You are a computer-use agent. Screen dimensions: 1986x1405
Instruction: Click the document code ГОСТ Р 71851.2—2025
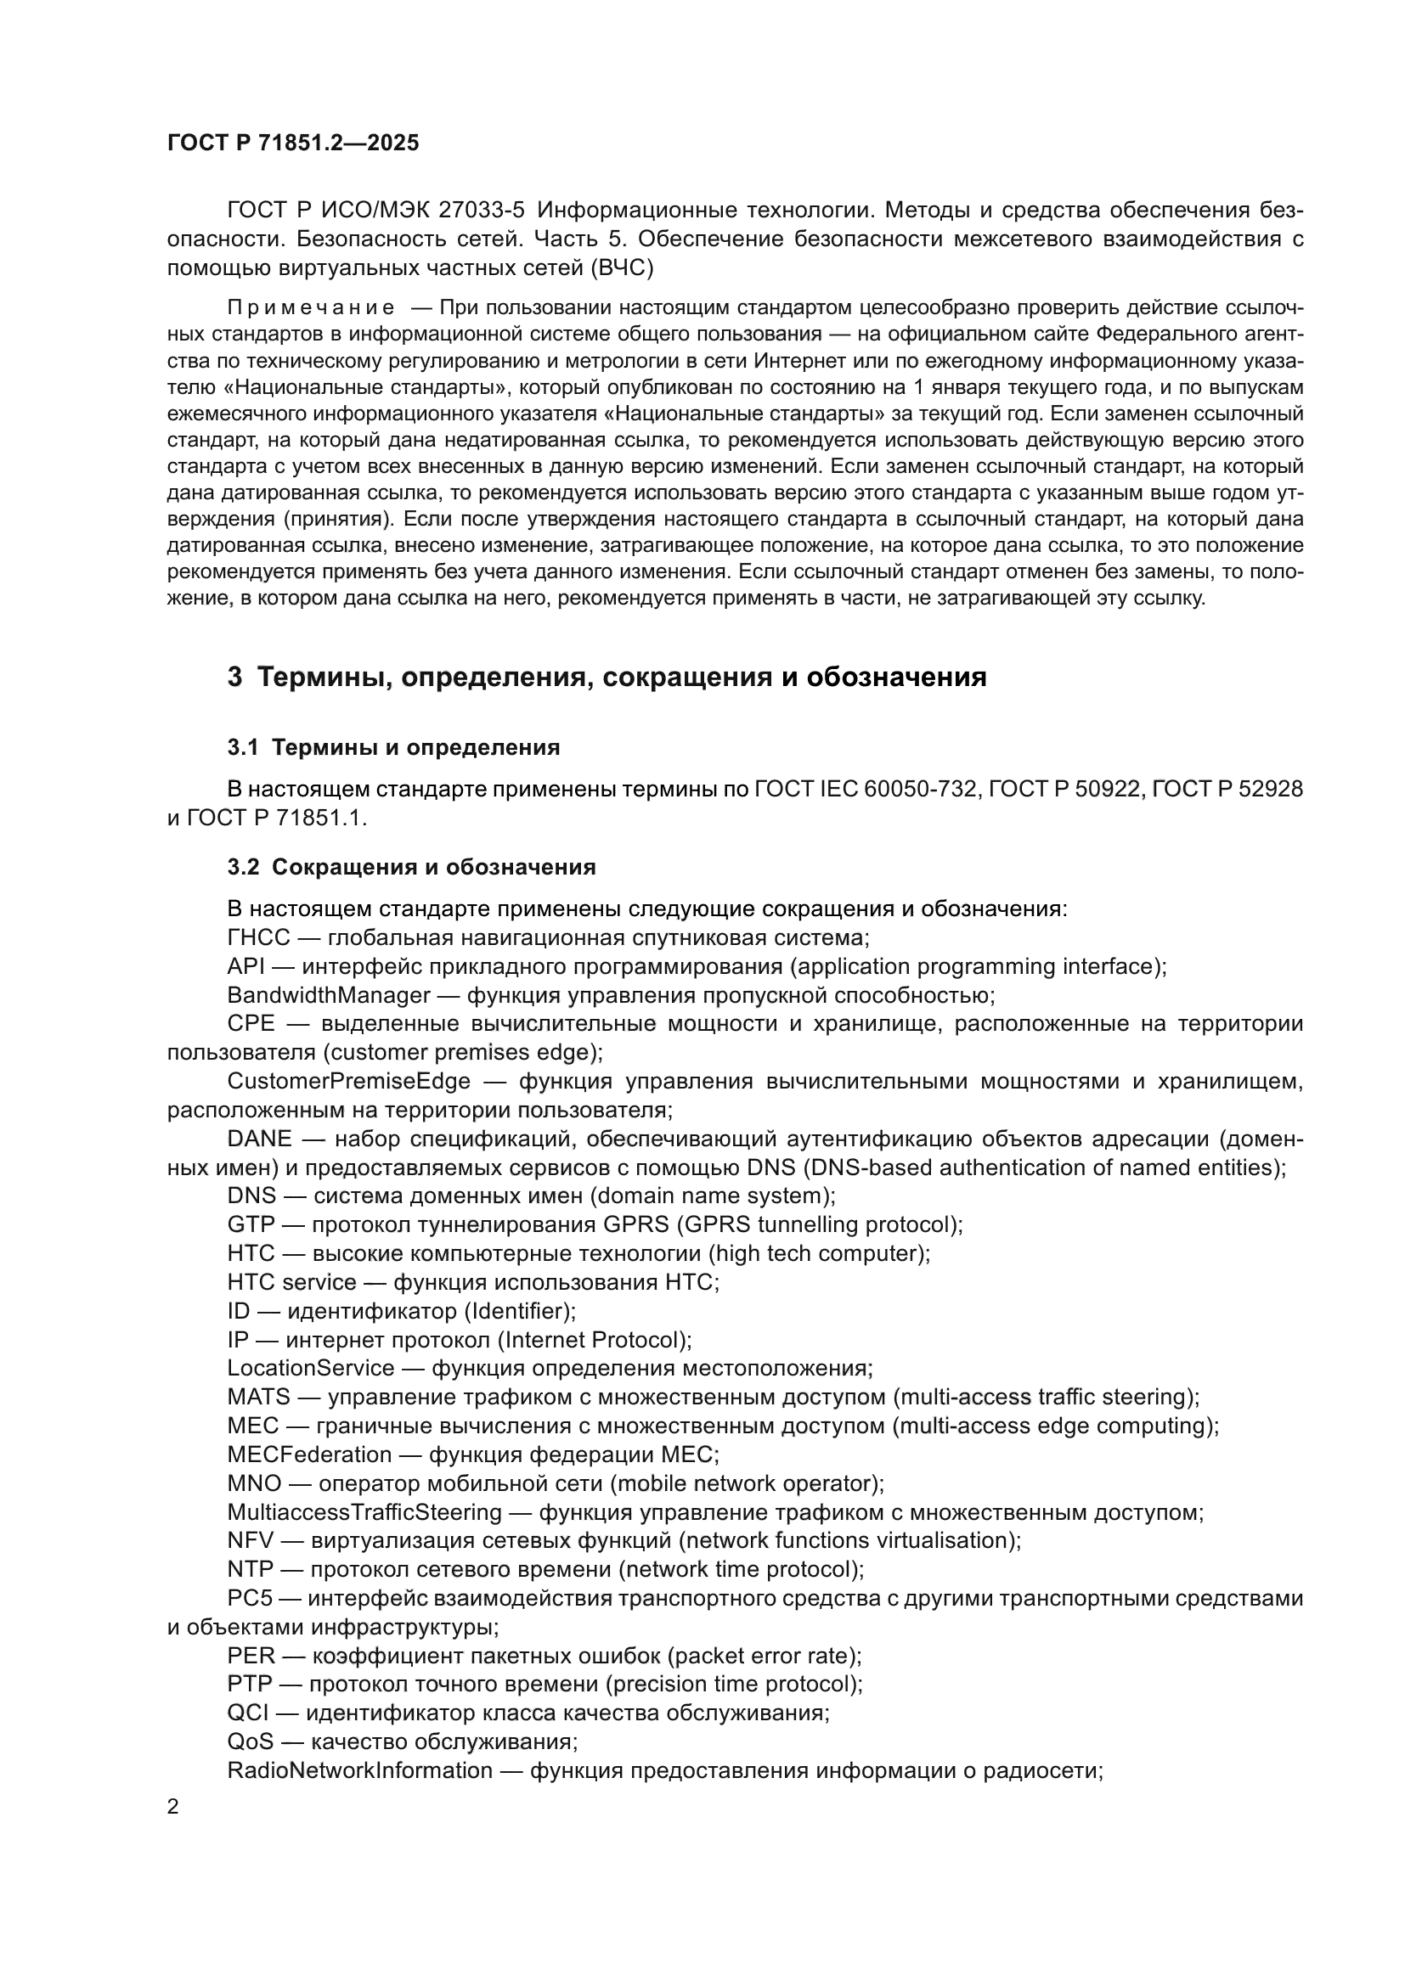coord(292,143)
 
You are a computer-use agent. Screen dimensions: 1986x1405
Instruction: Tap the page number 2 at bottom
coord(173,1807)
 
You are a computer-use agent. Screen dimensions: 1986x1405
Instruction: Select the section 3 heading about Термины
coord(607,677)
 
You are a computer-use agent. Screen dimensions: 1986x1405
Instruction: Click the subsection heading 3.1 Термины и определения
coord(393,747)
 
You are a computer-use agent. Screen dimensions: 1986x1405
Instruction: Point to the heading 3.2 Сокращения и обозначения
coord(412,867)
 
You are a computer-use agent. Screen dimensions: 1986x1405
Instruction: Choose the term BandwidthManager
coord(329,996)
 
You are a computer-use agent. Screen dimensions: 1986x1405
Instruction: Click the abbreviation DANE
coord(260,1139)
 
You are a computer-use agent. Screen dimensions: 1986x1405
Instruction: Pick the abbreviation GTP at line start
coord(251,1225)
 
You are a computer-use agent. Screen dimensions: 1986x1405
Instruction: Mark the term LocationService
coord(311,1369)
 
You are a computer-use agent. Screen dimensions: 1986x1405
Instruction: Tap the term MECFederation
coord(310,1454)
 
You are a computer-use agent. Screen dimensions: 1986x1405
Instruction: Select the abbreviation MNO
coord(254,1483)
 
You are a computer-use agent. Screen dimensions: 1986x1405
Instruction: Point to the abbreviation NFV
coord(251,1540)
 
